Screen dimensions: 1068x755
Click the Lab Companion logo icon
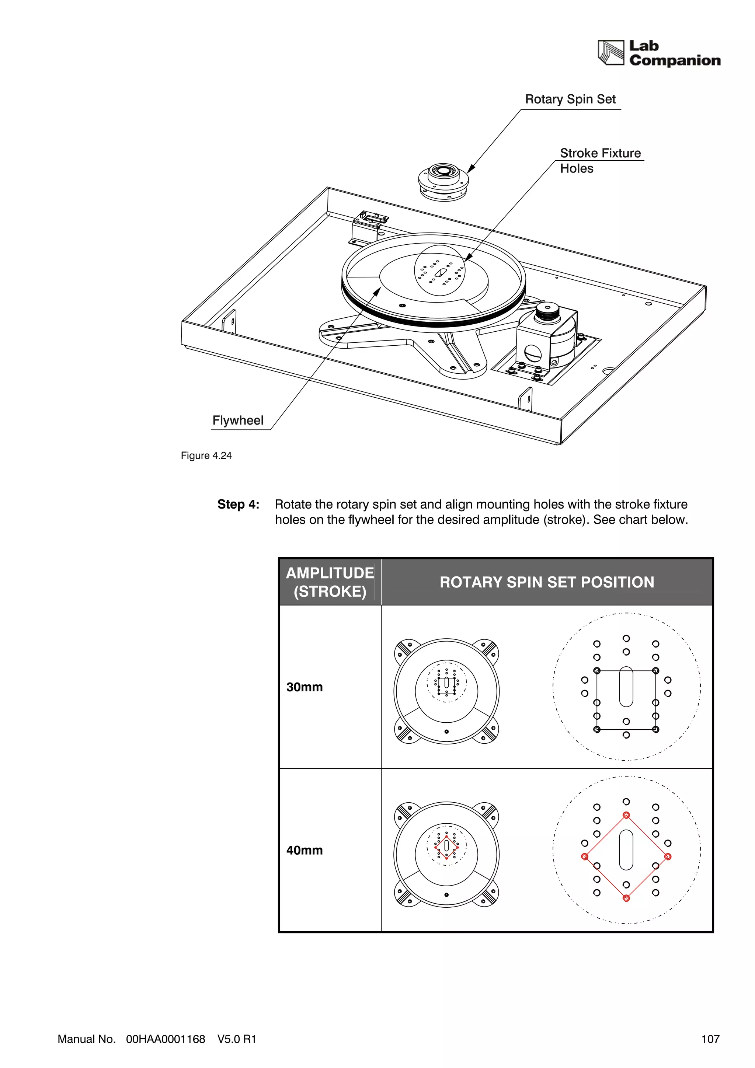(610, 53)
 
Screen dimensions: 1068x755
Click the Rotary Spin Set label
(570, 100)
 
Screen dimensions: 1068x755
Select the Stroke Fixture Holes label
(600, 160)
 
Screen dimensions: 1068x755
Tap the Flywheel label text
(238, 420)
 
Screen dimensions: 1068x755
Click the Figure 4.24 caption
(206, 456)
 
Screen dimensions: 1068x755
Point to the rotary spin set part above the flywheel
(443, 181)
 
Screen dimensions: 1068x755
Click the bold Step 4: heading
(238, 505)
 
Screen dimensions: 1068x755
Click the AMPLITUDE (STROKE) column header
(330, 582)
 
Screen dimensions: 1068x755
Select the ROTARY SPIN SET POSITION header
(547, 582)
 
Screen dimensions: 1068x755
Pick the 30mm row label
(304, 687)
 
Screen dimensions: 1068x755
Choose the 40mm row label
(304, 850)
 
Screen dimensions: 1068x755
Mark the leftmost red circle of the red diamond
(585, 856)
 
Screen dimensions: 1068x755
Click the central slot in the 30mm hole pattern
(626, 687)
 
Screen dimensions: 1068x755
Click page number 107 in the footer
(710, 1039)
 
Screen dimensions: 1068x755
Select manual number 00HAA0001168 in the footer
(166, 1039)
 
